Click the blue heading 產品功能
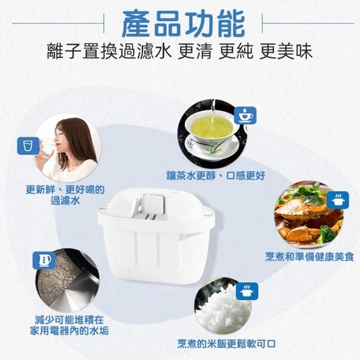click(183, 24)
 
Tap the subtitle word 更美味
click(286, 51)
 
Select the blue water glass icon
click(29, 146)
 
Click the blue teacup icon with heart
click(245, 115)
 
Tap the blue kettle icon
click(44, 260)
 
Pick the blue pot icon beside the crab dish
click(337, 200)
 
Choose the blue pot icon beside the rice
click(247, 291)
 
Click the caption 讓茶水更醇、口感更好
click(215, 175)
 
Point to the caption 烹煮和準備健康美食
click(309, 256)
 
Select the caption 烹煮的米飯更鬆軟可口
click(226, 344)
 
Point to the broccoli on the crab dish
click(327, 234)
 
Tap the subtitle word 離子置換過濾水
click(110, 51)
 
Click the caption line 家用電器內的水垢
click(69, 331)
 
